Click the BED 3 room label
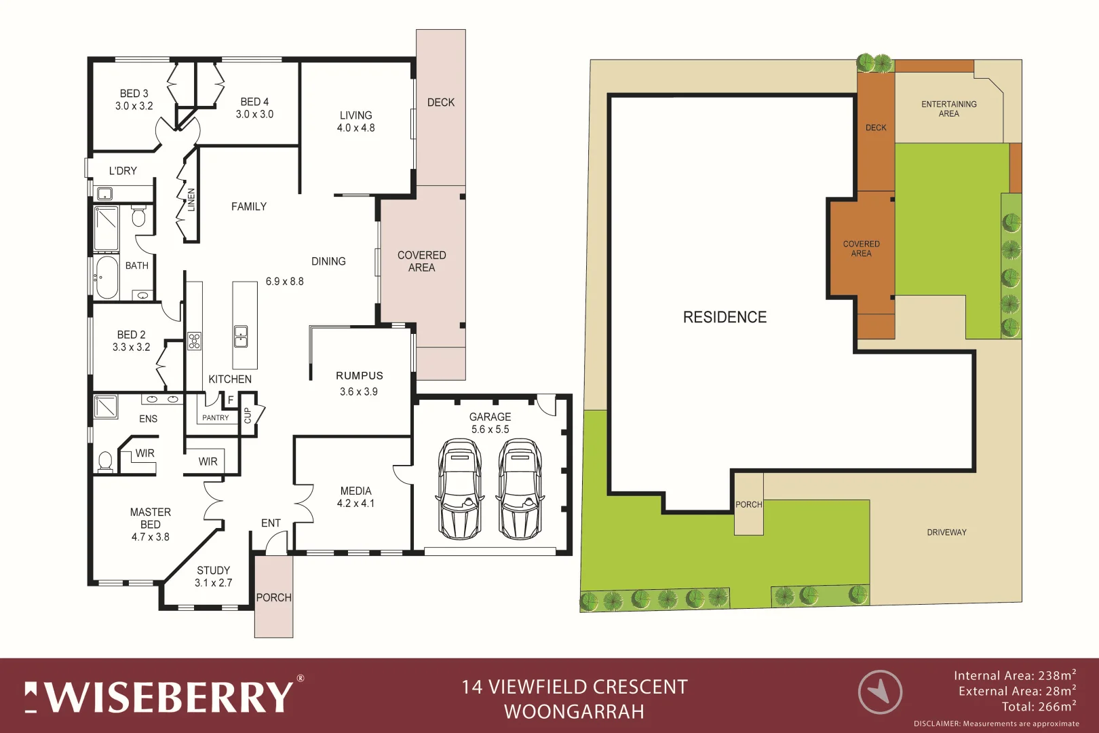click(134, 94)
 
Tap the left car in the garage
click(460, 489)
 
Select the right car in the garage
click(520, 489)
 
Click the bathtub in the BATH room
click(107, 276)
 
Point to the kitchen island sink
click(241, 335)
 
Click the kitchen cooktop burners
click(194, 340)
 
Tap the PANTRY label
click(215, 417)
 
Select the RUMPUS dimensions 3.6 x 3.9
click(358, 392)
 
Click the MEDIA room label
click(355, 491)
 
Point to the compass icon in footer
click(880, 692)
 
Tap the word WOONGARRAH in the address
click(574, 711)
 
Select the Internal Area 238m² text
click(1014, 675)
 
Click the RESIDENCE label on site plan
click(725, 317)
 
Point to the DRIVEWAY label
click(946, 532)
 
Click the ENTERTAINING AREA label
click(948, 109)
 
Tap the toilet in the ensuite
click(105, 462)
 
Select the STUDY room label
click(213, 570)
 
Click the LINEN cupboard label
click(191, 200)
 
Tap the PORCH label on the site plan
click(748, 504)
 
